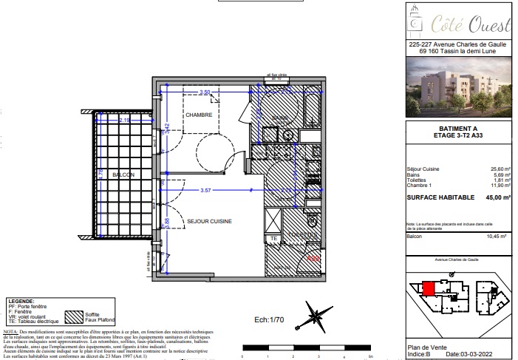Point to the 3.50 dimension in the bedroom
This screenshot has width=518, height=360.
point(205,92)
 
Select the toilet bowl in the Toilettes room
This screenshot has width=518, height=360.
point(312,221)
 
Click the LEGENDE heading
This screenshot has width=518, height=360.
point(21,302)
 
